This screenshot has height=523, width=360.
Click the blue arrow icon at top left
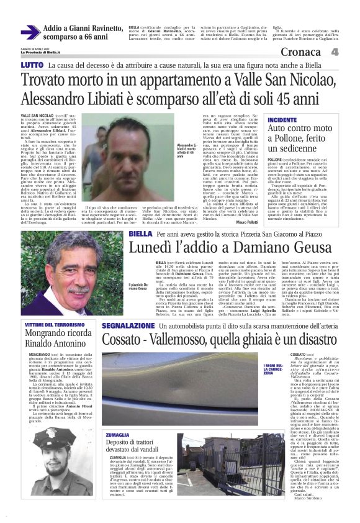click(30, 32)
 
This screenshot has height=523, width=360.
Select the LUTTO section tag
click(32, 65)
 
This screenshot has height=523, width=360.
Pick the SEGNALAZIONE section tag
click(128, 325)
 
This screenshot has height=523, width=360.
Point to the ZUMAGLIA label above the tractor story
click(118, 417)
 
